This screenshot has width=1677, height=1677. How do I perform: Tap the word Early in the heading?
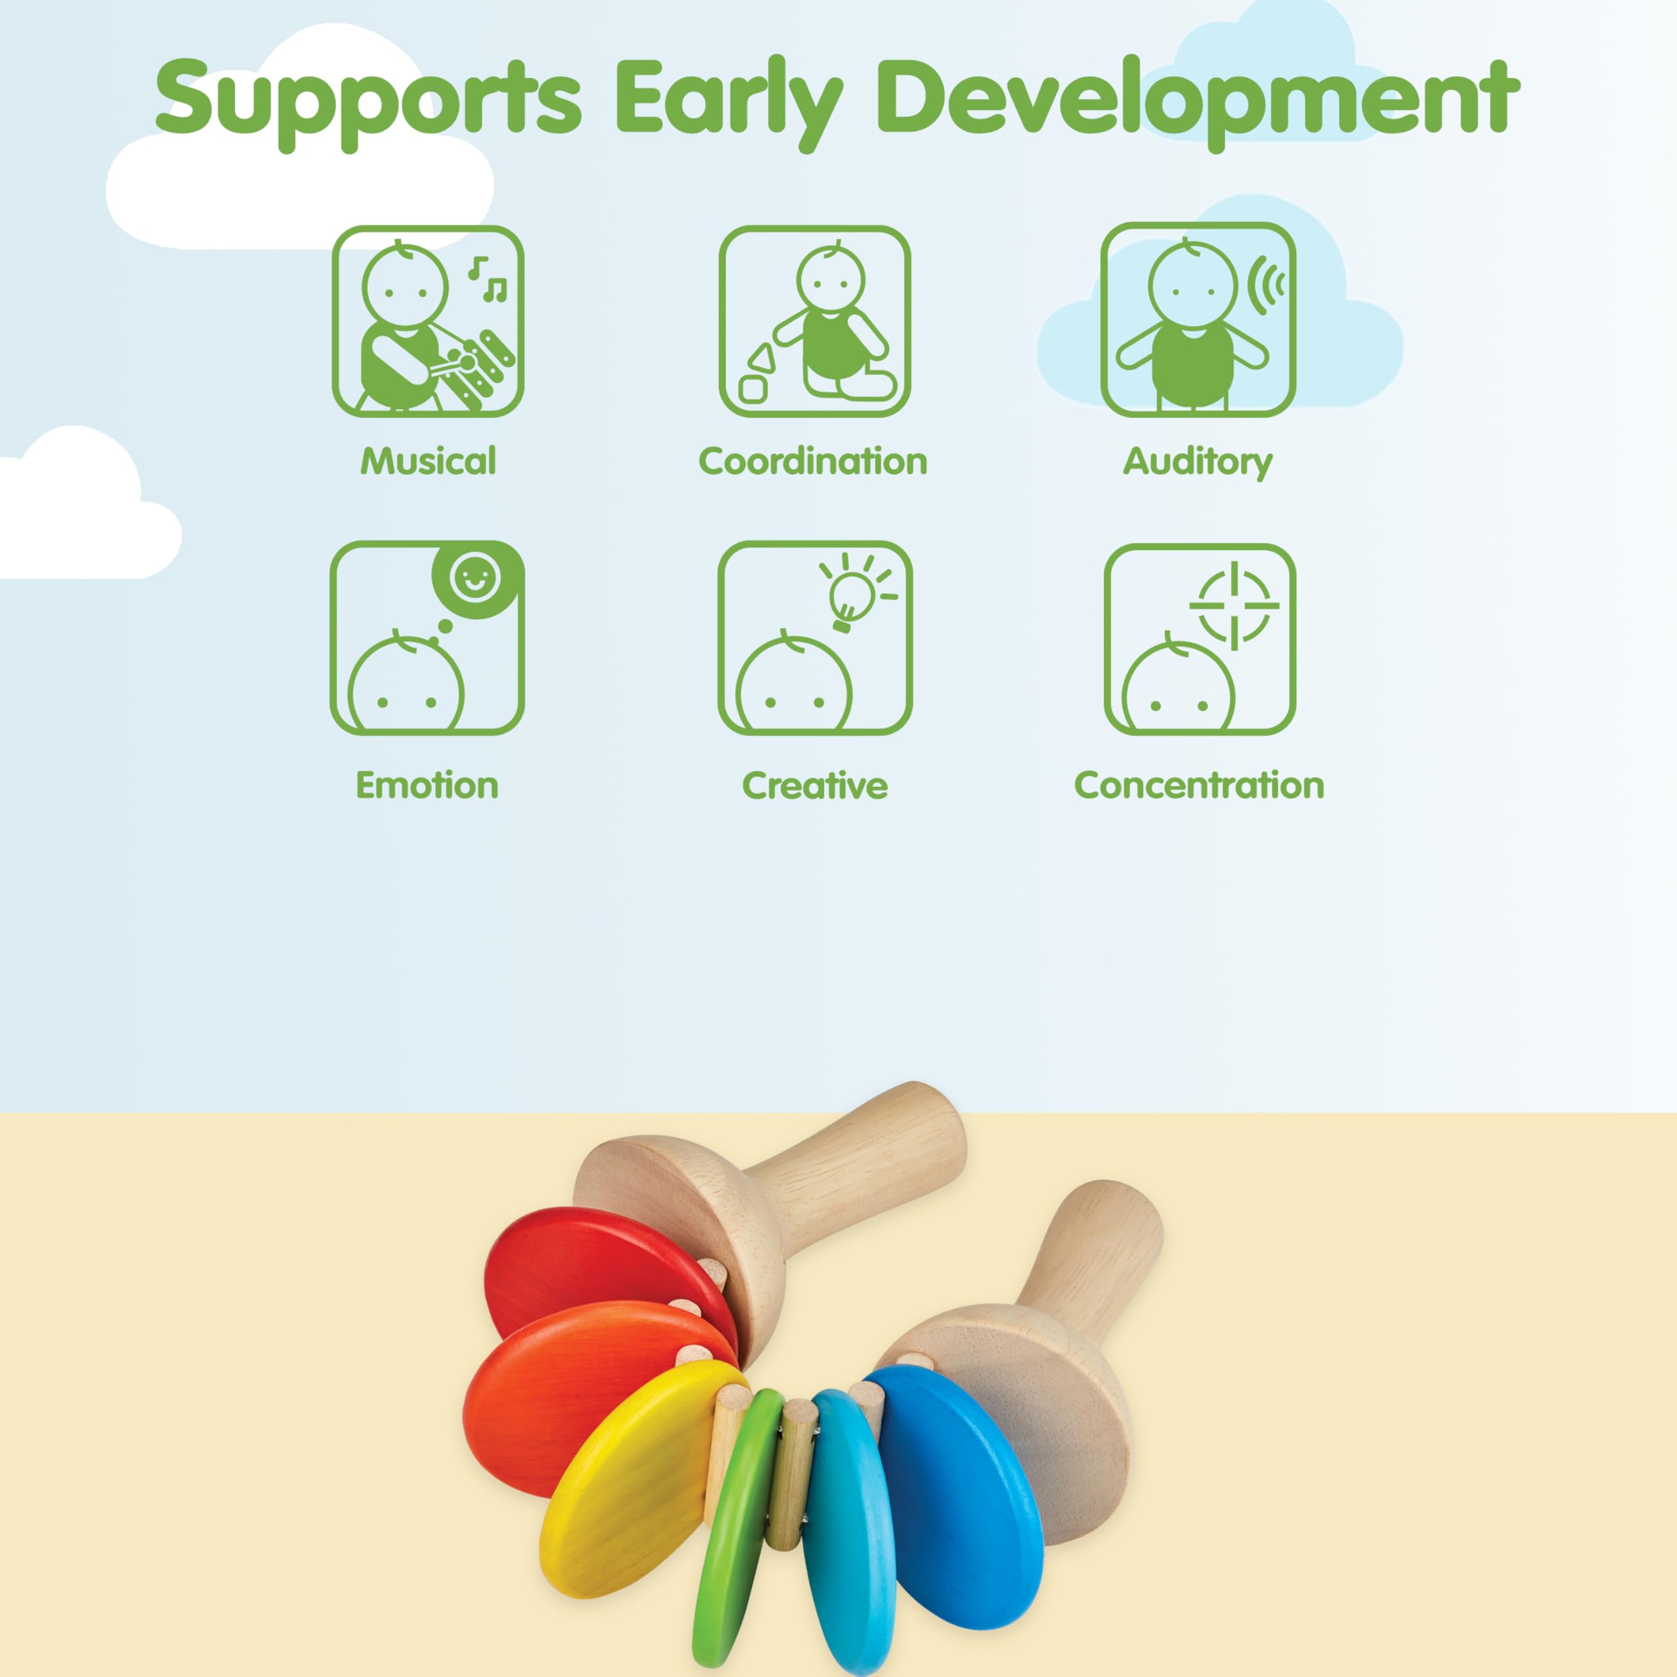(729, 102)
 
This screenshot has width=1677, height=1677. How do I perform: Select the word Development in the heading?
(1198, 102)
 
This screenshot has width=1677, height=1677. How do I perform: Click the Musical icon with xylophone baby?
(428, 321)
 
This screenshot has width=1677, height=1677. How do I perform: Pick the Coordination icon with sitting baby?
(814, 321)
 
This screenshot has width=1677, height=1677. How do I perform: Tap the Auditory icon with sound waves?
(1199, 320)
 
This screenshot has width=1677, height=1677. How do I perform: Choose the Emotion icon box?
(427, 638)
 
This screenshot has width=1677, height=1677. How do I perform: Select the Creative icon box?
(814, 638)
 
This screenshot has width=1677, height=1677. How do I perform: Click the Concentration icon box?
(1199, 639)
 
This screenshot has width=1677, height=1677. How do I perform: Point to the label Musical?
(428, 461)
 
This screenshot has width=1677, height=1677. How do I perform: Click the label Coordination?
(814, 461)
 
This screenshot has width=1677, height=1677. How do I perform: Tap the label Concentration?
(1199, 785)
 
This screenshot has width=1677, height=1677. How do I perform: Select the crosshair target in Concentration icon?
(1234, 605)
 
